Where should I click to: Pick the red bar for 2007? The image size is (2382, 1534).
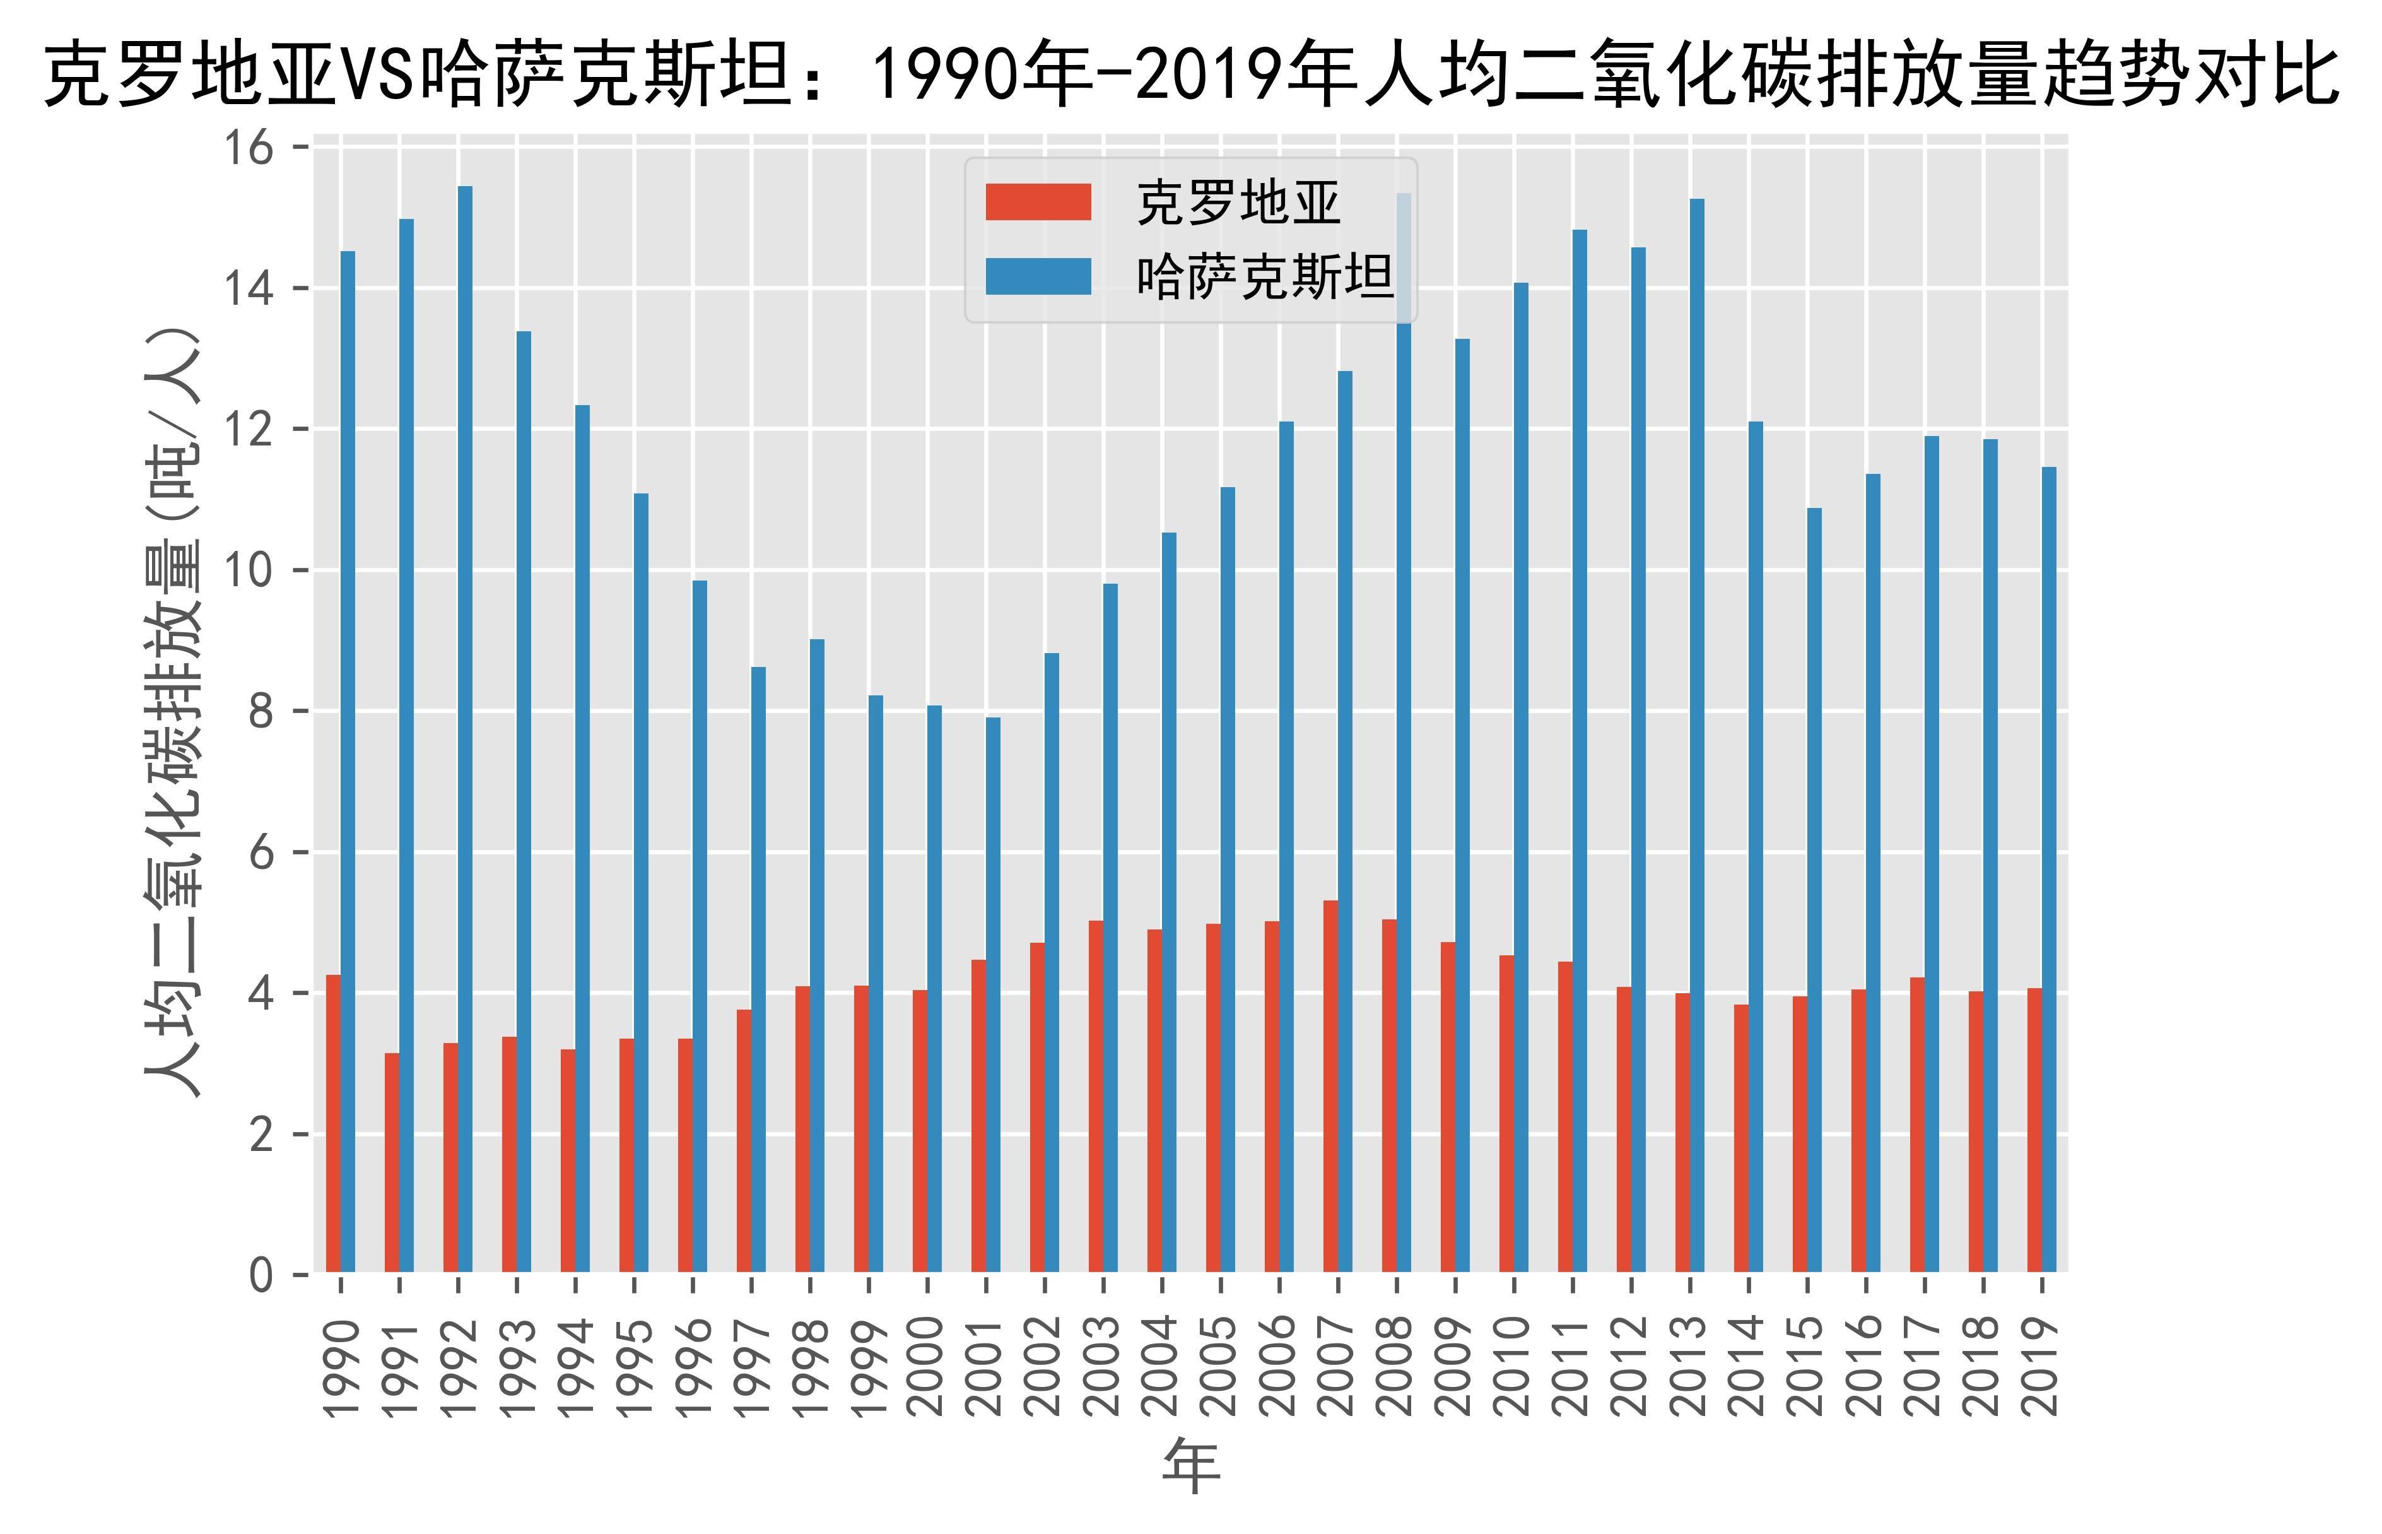(1330, 1086)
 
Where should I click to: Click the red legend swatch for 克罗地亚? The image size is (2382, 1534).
(1038, 202)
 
